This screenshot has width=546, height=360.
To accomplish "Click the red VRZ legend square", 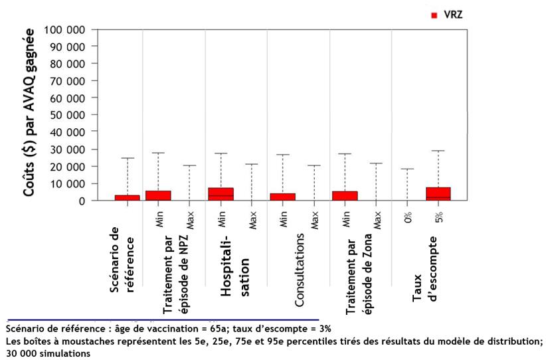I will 434,14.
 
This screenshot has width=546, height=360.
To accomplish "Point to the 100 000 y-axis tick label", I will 64,31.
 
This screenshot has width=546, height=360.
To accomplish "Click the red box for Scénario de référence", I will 128,197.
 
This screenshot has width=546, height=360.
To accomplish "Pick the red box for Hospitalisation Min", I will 221,194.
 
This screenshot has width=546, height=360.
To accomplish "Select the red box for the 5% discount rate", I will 438,193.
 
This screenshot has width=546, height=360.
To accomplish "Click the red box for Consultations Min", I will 283,197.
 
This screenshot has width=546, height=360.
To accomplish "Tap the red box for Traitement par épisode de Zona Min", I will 345,195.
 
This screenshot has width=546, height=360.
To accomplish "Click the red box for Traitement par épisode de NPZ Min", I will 158,195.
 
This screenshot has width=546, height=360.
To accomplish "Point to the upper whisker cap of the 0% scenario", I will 408,169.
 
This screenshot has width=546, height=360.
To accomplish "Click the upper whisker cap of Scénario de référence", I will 128,158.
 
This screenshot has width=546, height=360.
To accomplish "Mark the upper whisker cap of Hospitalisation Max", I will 252,164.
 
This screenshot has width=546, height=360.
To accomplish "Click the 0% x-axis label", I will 408,217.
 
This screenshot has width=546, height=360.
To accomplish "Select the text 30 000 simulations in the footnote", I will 46,354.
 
